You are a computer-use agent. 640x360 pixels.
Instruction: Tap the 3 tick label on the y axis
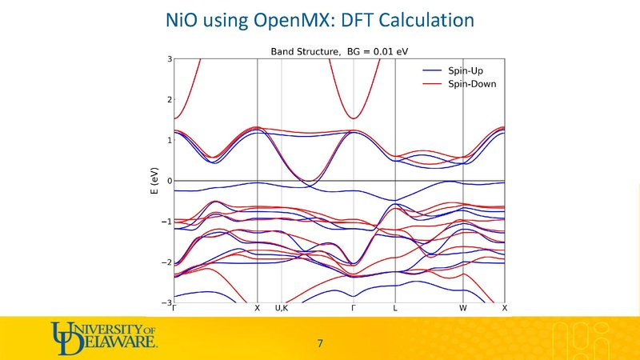pos(170,59)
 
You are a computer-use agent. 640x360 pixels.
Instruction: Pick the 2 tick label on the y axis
pos(170,100)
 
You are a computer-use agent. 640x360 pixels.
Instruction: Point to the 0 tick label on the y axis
pos(170,182)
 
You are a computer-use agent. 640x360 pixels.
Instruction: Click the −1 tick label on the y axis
pos(167,222)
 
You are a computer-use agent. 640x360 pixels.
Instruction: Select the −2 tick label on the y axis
pos(167,262)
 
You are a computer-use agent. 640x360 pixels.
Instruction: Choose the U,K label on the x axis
pos(282,308)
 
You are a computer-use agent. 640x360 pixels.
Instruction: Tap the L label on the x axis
pos(395,308)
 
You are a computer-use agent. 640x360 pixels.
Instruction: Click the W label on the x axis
pos(462,308)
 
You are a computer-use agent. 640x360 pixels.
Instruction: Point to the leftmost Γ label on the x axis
pos(174,308)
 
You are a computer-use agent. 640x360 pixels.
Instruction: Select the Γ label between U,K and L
pos(353,308)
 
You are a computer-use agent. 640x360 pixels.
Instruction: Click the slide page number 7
pos(320,343)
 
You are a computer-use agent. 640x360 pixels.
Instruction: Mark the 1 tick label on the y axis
pos(170,141)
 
